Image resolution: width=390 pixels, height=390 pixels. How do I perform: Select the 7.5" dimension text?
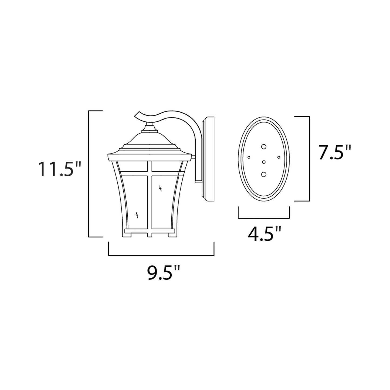334,152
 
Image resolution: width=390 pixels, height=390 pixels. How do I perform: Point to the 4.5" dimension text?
264,234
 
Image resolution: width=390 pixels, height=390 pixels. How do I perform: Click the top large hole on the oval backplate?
264,147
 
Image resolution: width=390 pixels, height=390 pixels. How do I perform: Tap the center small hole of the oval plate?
264,162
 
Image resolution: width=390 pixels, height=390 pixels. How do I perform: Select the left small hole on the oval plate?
249,157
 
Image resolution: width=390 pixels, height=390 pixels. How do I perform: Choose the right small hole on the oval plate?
279,157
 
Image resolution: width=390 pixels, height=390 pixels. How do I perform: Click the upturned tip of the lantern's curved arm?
136,114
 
